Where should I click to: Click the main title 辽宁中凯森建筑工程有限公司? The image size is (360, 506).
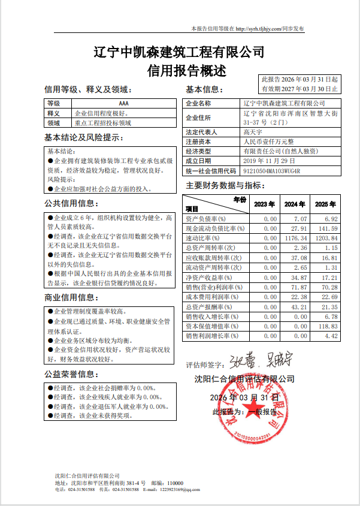click(x=180, y=52)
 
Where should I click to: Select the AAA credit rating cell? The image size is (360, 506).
click(x=123, y=104)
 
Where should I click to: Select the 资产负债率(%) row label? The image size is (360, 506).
click(x=205, y=219)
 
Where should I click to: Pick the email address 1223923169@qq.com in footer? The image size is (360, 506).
click(x=177, y=490)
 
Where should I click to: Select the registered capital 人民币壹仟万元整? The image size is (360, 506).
click(x=268, y=141)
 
